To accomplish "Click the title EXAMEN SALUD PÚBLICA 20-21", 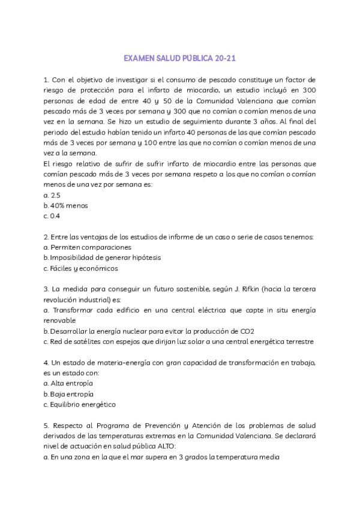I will pos(180,59).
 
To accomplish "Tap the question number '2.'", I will pos(47,236).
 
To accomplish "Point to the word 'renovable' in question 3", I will pos(60,320).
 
